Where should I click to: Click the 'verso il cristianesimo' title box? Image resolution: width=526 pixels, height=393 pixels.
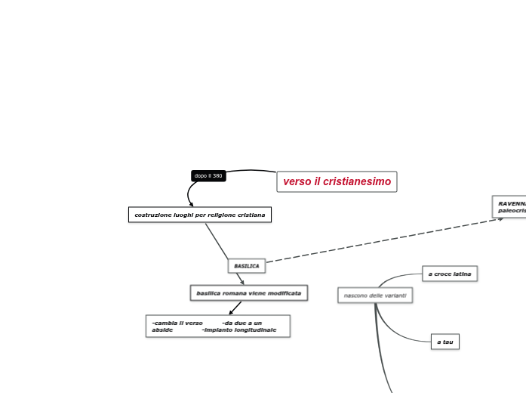[337, 181]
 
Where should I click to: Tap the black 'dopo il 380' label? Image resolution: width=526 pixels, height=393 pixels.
[208, 176]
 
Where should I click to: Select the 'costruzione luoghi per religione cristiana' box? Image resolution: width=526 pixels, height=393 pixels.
[199, 215]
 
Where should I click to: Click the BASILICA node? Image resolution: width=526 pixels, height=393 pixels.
[247, 266]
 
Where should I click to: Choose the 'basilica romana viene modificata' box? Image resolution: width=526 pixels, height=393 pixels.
[248, 292]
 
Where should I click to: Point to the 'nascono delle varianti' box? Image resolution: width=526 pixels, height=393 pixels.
[375, 296]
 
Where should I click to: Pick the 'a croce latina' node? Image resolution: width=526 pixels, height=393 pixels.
[450, 274]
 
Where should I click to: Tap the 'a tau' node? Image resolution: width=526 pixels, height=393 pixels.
[445, 342]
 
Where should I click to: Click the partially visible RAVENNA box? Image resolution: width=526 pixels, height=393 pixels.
[510, 206]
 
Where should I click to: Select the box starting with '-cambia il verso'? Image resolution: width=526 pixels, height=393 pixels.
[217, 326]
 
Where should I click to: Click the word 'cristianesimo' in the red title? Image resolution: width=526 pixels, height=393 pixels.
[357, 181]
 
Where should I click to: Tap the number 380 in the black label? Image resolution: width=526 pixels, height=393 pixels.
[217, 176]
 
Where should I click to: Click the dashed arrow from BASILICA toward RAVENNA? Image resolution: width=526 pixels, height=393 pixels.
[385, 240]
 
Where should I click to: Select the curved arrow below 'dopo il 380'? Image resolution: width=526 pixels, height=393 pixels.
[189, 193]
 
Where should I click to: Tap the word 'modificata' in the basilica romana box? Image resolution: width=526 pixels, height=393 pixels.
[285, 292]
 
